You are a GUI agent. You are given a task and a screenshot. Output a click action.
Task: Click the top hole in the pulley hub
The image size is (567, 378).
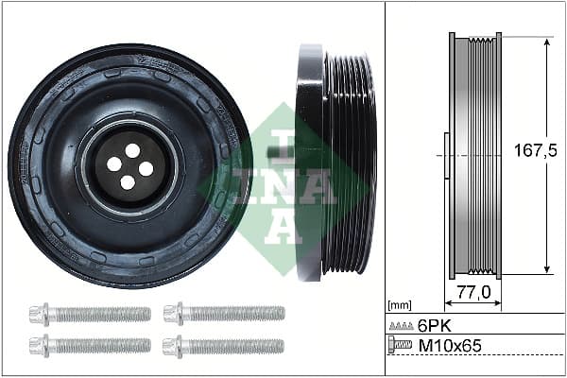click(x=132, y=150)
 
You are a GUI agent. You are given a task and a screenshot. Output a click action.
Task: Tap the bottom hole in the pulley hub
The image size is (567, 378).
click(x=128, y=181)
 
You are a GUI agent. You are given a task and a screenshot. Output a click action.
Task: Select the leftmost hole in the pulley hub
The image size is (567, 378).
click(x=114, y=163)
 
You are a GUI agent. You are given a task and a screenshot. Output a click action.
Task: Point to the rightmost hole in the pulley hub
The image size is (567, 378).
click(x=146, y=168)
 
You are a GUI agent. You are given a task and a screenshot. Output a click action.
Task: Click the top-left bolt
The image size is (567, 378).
click(x=89, y=313)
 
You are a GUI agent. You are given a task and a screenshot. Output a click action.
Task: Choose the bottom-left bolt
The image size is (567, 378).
click(x=89, y=346)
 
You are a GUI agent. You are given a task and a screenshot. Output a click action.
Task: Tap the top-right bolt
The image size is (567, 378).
click(x=223, y=313)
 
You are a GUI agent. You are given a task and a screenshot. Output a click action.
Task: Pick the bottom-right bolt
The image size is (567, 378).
click(x=223, y=346)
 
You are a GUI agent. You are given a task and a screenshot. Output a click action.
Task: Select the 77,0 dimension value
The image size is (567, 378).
click(x=473, y=293)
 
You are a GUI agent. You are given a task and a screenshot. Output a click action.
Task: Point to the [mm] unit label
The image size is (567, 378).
click(x=400, y=305)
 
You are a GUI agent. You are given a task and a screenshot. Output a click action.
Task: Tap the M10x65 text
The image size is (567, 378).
click(x=450, y=346)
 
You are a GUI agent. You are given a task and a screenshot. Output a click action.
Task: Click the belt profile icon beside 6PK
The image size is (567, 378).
click(x=401, y=325)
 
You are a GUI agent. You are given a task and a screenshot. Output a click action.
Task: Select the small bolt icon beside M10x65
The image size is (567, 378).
click(x=401, y=346)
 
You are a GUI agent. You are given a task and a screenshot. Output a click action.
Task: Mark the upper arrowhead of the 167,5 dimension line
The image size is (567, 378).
click(x=547, y=43)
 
